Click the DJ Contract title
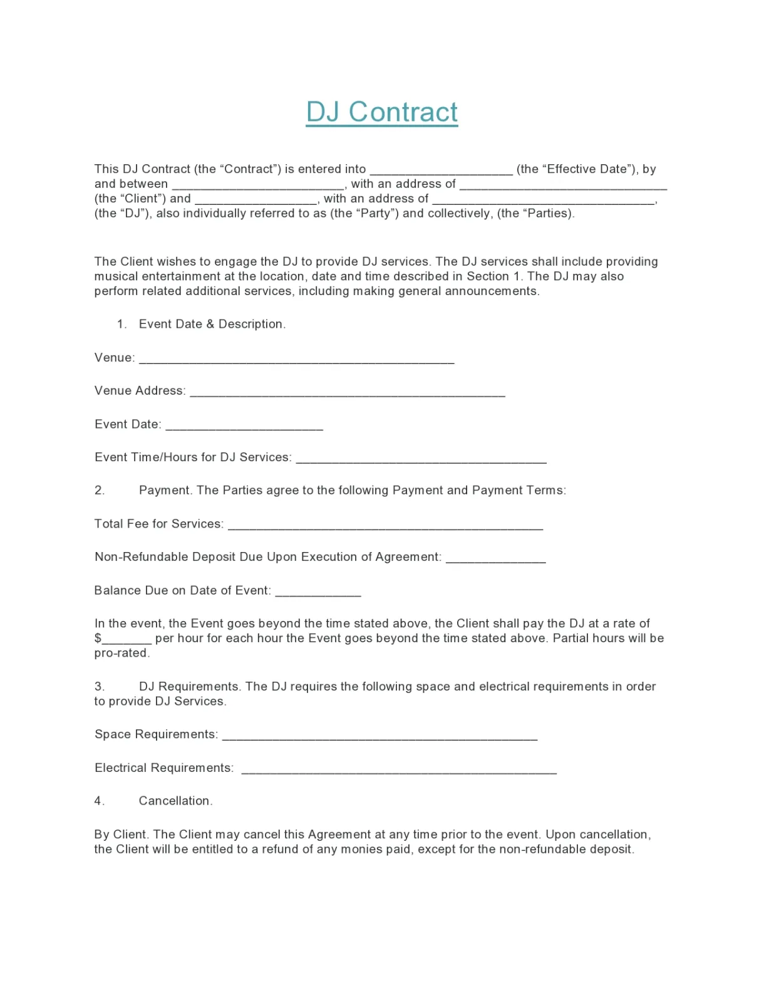(381, 112)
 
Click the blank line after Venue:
(296, 360)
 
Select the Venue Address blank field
(347, 393)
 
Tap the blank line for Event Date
(244, 426)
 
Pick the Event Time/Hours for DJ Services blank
(421, 459)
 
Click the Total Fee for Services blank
(385, 526)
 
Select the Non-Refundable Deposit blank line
(495, 559)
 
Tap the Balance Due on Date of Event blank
(318, 592)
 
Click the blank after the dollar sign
(126, 640)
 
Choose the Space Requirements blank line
(379, 736)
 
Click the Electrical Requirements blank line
(399, 770)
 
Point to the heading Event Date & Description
(212, 324)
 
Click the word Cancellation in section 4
(175, 801)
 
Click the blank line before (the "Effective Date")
(441, 171)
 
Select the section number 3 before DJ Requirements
(100, 687)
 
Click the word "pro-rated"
(121, 653)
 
